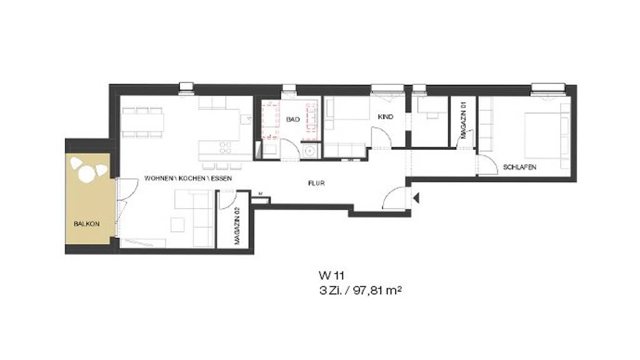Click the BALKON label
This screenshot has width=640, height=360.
pyautogui.click(x=86, y=224)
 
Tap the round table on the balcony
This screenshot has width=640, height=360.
pyautogui.click(x=86, y=174)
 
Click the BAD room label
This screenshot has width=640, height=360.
pyautogui.click(x=293, y=119)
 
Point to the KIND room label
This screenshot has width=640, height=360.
pyautogui.click(x=386, y=117)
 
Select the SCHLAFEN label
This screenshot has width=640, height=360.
pyautogui.click(x=519, y=167)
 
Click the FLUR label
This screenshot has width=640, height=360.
pyautogui.click(x=316, y=183)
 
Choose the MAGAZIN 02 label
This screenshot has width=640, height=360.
pyautogui.click(x=237, y=226)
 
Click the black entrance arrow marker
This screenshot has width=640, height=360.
pyautogui.click(x=416, y=198)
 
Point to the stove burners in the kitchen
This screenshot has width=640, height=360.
pyautogui.click(x=225, y=147)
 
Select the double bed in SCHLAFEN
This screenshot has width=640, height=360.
pyautogui.click(x=543, y=135)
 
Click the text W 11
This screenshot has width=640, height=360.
pyautogui.click(x=329, y=275)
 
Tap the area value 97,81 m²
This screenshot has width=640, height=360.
pyautogui.click(x=377, y=291)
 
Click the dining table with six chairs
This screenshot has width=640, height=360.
pyautogui.click(x=142, y=122)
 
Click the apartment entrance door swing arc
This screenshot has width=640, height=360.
pyautogui.click(x=391, y=194)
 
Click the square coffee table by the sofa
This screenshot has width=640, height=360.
pyautogui.click(x=177, y=224)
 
